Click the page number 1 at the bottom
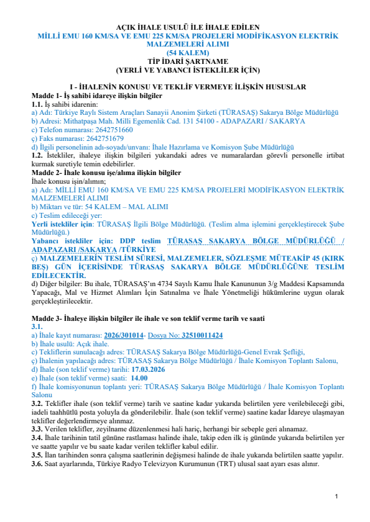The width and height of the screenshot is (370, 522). (x=336, y=497)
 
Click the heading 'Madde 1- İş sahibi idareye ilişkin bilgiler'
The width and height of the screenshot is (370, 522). (x=97, y=97)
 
